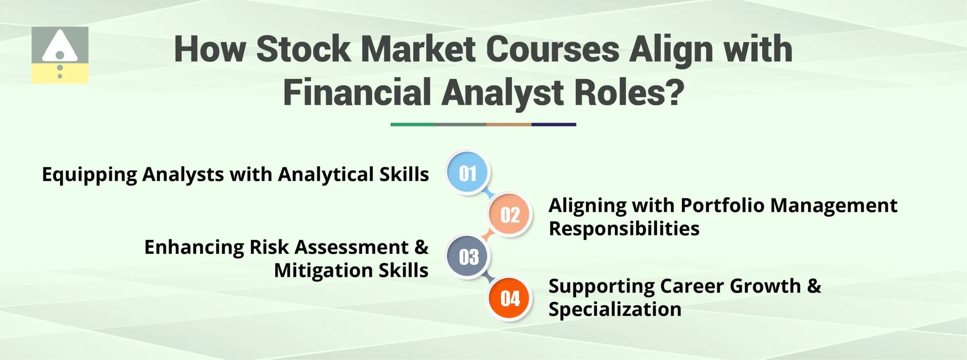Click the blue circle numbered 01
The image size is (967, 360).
coord(468,173)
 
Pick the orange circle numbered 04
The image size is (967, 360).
coord(510,298)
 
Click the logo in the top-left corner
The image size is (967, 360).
coord(60,55)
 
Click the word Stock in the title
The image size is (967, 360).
coord(303,49)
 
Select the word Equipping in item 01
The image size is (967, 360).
coord(89,175)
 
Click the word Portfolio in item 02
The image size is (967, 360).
coord(722,206)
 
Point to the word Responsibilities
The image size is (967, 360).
coord(624,229)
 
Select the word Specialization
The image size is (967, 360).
coord(615,309)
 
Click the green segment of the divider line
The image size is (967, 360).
coord(412,124)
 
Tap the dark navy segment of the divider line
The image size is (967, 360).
coord(553,124)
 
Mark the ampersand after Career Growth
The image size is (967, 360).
coord(814,286)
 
